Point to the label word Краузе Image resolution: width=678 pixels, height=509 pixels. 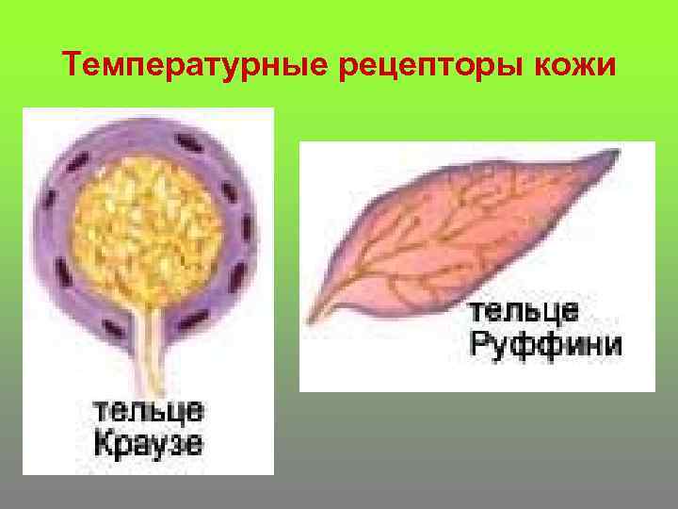click(149, 441)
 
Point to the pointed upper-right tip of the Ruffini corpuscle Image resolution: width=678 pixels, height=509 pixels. click(617, 154)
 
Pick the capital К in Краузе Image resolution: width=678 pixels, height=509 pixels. click(103, 441)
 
